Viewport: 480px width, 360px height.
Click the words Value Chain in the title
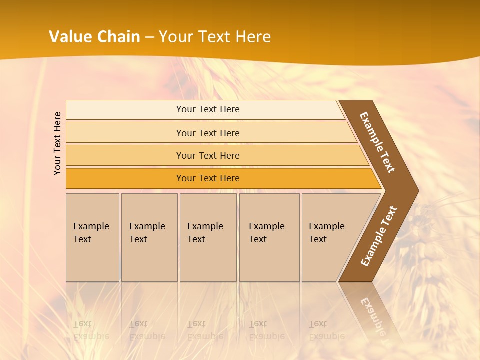94,37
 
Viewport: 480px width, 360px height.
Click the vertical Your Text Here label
57,143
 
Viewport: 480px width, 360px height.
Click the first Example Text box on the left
92,237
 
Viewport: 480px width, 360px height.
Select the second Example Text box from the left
149,237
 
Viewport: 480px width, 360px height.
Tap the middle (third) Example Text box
208,237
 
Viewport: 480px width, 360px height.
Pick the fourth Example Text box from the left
269,237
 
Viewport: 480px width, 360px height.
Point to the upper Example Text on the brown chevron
377,142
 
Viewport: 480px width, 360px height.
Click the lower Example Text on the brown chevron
379,236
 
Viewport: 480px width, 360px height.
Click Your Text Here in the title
215,37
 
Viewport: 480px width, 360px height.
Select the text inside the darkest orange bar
208,178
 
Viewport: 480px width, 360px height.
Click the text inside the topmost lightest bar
208,109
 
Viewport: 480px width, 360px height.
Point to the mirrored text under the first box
91,330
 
